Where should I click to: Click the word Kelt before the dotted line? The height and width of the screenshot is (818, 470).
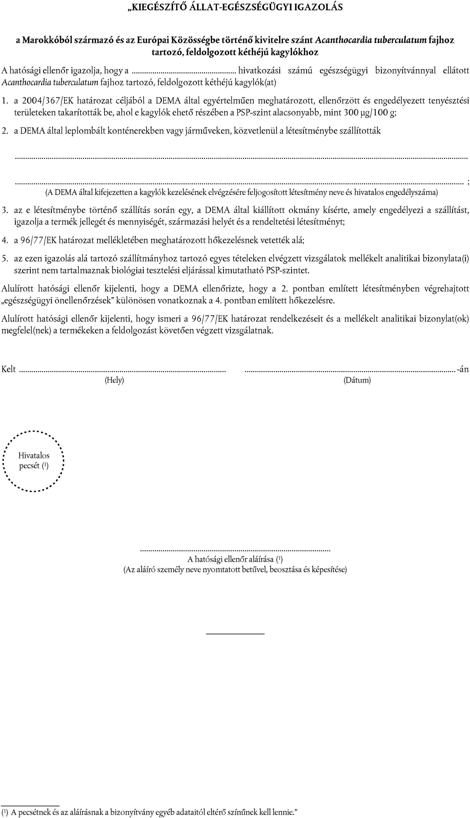(x=9, y=369)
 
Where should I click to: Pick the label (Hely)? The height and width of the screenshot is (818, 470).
(x=114, y=380)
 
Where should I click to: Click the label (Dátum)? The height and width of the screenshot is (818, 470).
(x=357, y=380)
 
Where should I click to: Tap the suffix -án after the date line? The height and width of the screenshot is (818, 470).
(x=463, y=369)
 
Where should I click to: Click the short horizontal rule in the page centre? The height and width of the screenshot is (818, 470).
(x=235, y=634)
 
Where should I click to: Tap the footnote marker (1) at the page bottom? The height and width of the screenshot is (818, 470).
(x=5, y=812)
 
